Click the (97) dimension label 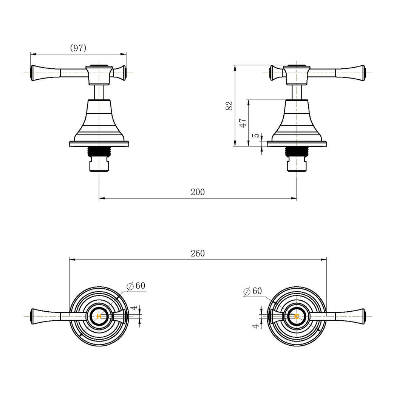point(78,48)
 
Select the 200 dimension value point(198,192)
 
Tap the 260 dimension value point(198,253)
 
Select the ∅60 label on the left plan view point(136,286)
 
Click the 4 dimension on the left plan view point(133,309)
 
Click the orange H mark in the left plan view point(99,316)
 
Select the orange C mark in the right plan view point(297,316)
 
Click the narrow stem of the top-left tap point(99,91)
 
